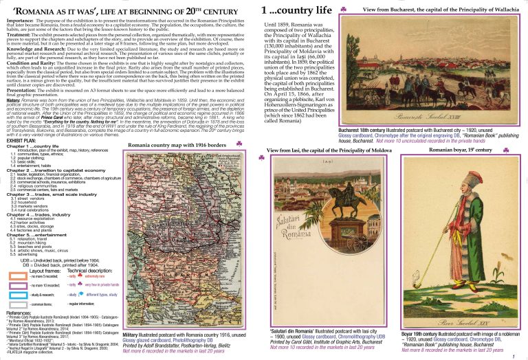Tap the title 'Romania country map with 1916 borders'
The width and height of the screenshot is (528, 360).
(177, 146)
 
